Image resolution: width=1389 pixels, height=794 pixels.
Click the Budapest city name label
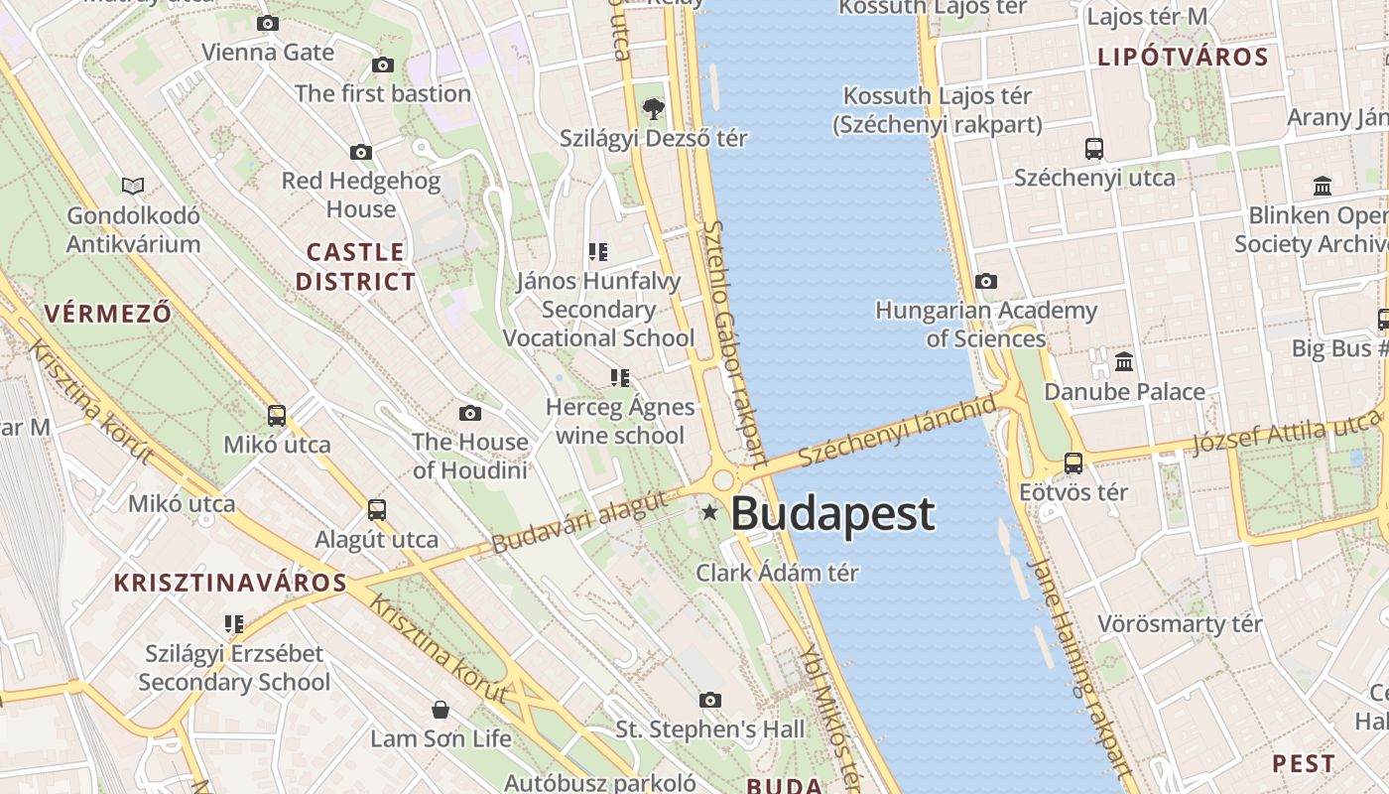(x=832, y=514)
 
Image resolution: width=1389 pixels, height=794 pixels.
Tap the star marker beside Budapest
(x=709, y=512)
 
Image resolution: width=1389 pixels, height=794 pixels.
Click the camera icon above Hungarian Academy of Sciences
(x=985, y=282)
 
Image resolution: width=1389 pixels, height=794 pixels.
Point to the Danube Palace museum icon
(x=1124, y=362)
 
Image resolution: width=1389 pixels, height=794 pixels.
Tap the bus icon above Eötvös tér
(x=1073, y=463)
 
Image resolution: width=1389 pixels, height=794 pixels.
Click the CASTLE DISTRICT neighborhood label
(x=355, y=267)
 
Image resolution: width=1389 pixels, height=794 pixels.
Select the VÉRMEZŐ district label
(x=108, y=315)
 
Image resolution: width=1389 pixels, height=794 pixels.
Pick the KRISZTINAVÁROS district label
(x=231, y=583)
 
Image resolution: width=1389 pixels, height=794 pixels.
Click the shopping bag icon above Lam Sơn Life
(x=441, y=710)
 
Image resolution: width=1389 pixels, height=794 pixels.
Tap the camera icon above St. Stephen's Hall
(x=709, y=701)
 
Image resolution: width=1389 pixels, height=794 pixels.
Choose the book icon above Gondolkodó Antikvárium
(x=133, y=186)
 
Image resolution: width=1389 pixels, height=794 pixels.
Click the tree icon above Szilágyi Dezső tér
(x=653, y=108)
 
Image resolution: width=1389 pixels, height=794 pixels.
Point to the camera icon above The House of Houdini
(x=470, y=413)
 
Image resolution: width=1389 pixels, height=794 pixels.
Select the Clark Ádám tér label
(x=777, y=573)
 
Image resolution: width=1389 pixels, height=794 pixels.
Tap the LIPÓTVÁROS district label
(x=1183, y=58)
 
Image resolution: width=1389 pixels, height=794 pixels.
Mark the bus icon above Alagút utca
(x=377, y=510)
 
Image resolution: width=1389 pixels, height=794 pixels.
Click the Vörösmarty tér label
(x=1180, y=624)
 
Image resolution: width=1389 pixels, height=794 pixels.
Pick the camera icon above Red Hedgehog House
(x=361, y=153)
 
